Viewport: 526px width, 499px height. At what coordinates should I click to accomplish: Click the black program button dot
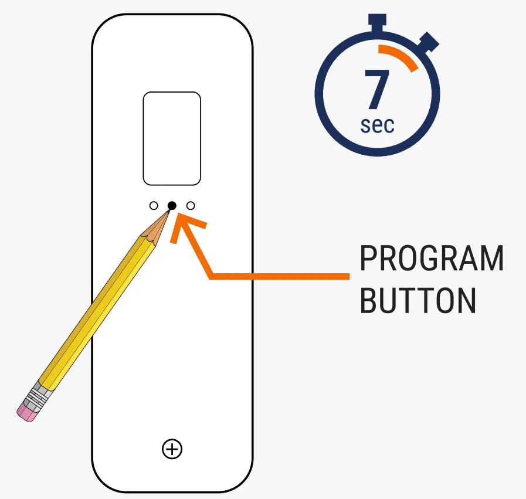(x=172, y=205)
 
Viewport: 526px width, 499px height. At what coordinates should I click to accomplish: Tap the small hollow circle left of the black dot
(x=154, y=206)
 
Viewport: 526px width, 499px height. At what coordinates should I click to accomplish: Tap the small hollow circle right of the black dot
(x=191, y=206)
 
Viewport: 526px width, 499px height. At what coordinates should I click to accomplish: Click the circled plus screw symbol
(x=172, y=449)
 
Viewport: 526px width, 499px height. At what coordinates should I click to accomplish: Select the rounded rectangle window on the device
(x=172, y=138)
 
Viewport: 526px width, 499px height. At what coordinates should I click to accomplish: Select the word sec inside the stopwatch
(x=377, y=125)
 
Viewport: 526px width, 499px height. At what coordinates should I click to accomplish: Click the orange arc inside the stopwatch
(x=401, y=56)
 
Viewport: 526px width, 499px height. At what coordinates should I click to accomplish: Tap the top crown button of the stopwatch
(x=378, y=20)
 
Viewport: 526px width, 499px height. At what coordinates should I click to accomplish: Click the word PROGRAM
(x=431, y=259)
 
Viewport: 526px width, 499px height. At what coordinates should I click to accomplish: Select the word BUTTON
(x=417, y=300)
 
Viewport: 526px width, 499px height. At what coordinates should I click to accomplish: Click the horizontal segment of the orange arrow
(x=281, y=275)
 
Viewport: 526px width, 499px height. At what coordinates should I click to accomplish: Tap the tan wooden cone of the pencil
(x=156, y=230)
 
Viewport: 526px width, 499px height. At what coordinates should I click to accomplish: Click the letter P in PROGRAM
(x=368, y=259)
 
